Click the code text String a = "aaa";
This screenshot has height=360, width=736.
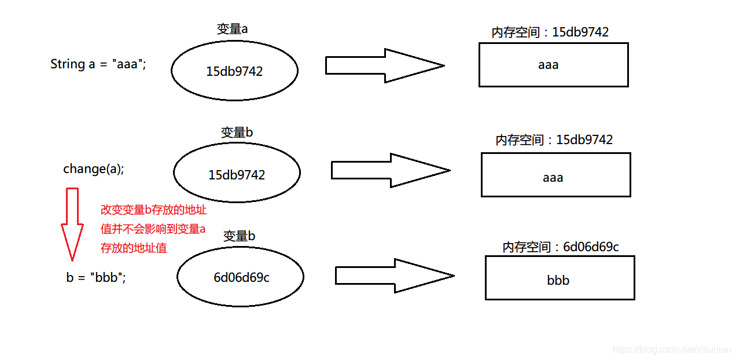(98, 64)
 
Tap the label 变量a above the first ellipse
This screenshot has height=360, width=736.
(233, 29)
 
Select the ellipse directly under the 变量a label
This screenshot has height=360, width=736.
(234, 71)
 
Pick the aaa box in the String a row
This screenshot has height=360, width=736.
(553, 65)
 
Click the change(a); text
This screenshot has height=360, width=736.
(94, 169)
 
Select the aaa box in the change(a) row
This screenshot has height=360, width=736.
(555, 175)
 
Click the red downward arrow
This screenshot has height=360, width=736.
(72, 223)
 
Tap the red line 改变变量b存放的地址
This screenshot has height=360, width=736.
(153, 210)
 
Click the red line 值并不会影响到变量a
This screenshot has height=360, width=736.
(153, 229)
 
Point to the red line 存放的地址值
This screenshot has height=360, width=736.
(134, 248)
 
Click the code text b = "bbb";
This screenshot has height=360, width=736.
(96, 277)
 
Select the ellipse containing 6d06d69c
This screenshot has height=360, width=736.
(240, 277)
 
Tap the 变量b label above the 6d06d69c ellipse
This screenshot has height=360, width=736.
(239, 236)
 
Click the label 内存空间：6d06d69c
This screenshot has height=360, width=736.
(560, 247)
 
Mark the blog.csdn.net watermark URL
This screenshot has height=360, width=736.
(671, 350)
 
